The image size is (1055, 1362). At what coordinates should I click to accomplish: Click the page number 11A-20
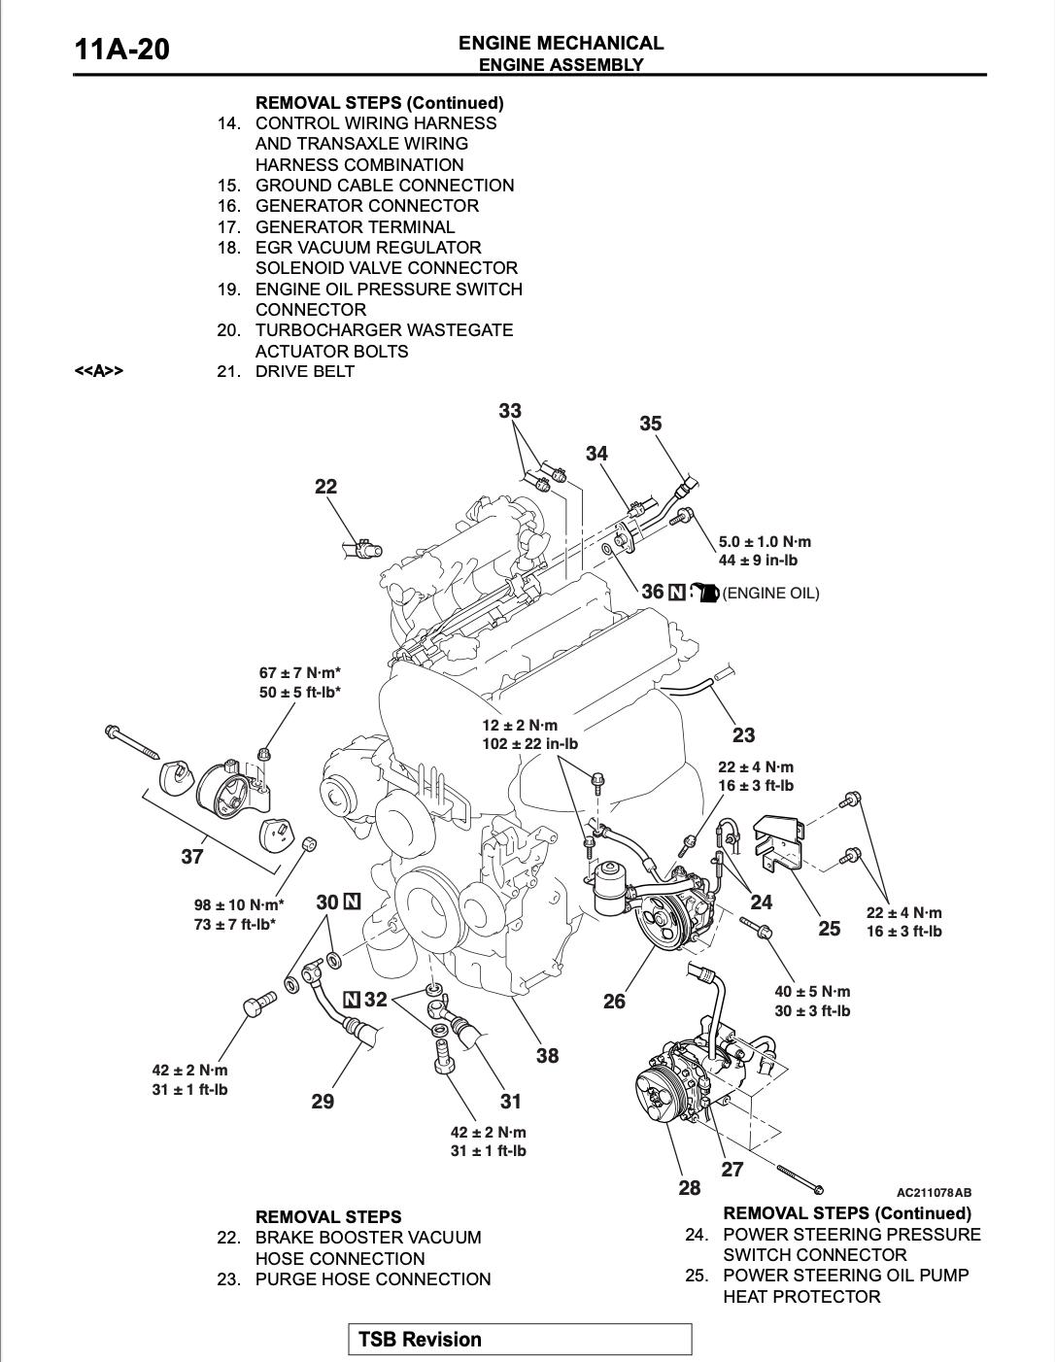[121, 49]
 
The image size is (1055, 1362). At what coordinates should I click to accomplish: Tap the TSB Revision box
[520, 1339]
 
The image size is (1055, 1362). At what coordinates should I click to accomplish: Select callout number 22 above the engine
[325, 487]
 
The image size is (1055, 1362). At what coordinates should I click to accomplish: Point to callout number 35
[651, 424]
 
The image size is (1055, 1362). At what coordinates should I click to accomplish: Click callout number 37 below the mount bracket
[192, 856]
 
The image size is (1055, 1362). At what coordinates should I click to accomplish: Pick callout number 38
[547, 1055]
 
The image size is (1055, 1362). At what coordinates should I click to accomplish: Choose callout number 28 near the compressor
[690, 1187]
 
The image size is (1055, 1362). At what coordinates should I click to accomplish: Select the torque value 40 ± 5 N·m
[812, 992]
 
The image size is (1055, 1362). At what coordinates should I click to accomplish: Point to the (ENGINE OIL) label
[771, 594]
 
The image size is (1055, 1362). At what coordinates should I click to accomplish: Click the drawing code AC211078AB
[934, 1192]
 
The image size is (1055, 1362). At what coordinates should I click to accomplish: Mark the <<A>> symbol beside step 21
[99, 371]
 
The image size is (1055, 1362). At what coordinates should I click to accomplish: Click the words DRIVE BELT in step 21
[305, 371]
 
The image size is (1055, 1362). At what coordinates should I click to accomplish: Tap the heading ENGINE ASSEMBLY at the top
[561, 65]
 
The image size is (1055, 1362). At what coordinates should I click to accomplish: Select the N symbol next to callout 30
[352, 902]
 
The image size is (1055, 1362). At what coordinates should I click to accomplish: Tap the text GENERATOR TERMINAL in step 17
[355, 226]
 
